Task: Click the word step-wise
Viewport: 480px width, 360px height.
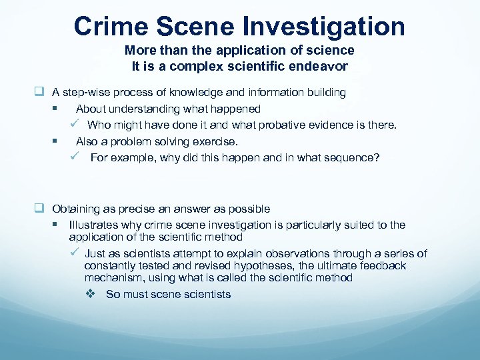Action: coord(89,93)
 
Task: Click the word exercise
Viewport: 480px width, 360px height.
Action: coord(214,141)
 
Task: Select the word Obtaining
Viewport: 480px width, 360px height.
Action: coord(77,209)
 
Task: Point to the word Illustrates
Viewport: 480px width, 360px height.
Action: coord(93,225)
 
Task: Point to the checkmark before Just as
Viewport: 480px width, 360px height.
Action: coord(75,253)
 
